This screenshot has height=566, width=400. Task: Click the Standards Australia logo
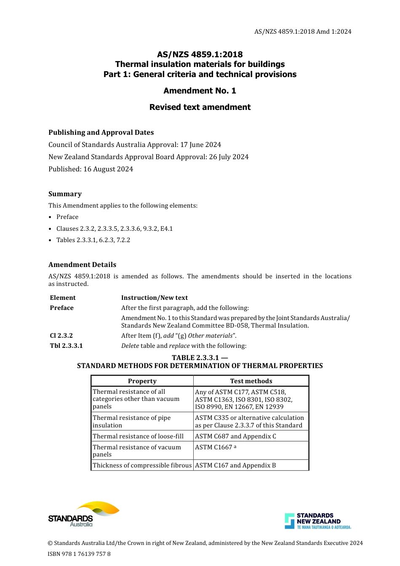coord(83,514)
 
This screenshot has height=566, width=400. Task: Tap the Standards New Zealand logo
coord(318,521)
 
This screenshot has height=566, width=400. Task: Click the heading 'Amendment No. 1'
coord(200,91)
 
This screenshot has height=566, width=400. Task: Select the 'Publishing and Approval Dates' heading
coord(101,132)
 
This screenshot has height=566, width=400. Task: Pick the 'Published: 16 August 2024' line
coord(91,169)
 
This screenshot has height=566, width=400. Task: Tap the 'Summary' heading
coord(65,194)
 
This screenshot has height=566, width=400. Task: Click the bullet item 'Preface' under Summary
coord(67,217)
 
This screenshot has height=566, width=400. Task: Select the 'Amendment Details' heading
coord(82,264)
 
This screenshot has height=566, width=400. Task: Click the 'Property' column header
coord(142,381)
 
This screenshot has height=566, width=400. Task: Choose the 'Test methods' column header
coord(251,381)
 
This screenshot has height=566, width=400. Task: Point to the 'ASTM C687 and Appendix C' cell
coord(235,436)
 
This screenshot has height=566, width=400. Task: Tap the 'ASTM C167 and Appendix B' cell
coord(235,465)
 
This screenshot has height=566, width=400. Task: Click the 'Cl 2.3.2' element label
coord(61,336)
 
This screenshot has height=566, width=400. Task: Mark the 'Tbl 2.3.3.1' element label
coord(66,346)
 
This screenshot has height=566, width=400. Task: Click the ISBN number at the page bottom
coord(79,554)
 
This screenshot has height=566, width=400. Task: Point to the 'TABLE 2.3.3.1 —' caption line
coord(200,358)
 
